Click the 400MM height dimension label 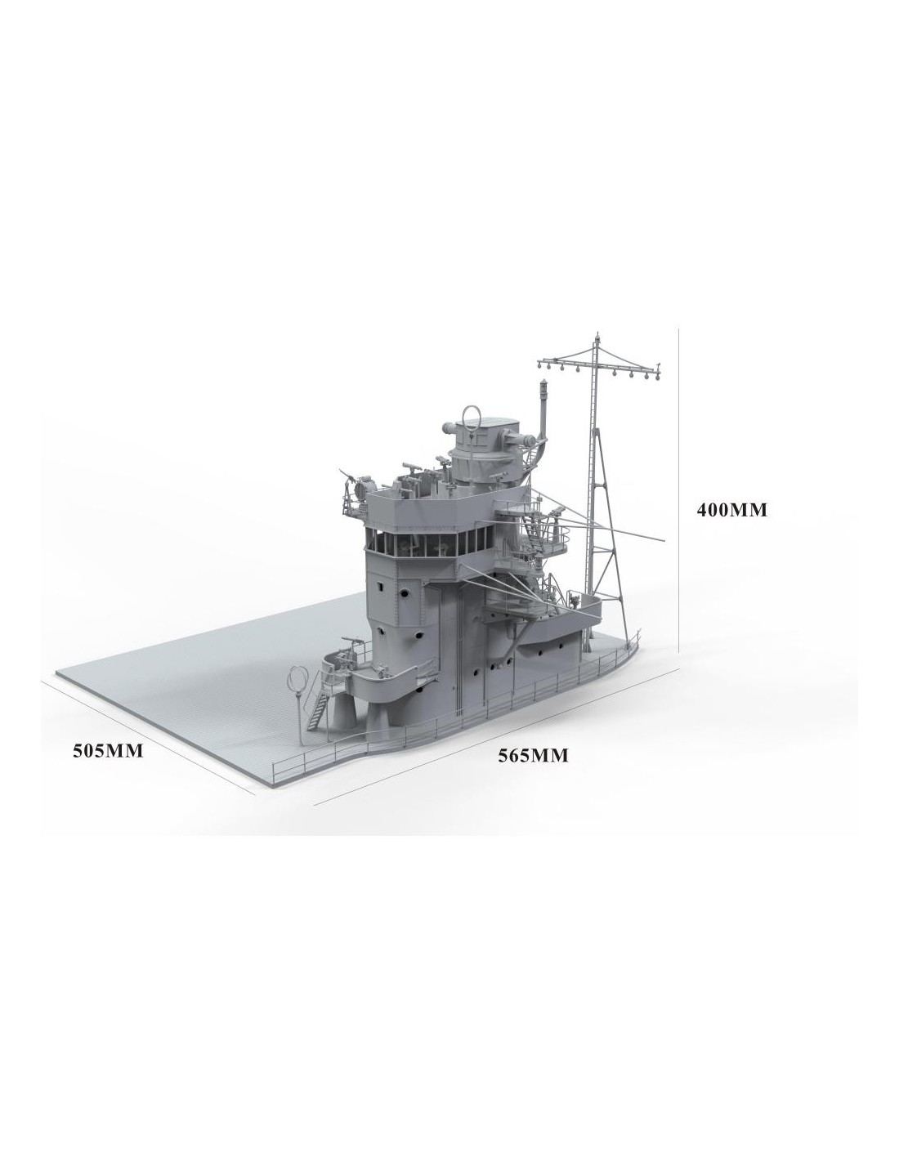(x=731, y=510)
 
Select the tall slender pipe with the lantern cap (x=543, y=412)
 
